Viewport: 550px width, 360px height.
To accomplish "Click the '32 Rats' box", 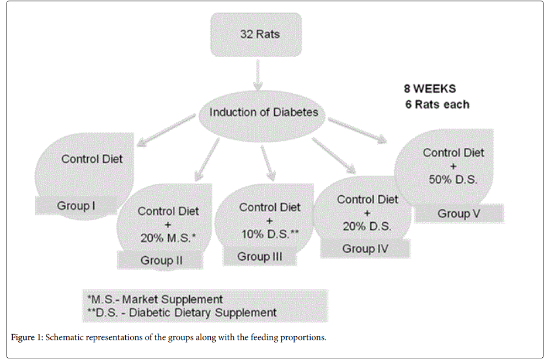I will tap(259, 34).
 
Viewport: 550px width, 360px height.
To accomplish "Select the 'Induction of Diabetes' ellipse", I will tap(264, 112).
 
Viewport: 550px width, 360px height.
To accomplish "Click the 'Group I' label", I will tap(76, 206).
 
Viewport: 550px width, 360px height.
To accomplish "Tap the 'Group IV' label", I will tap(365, 249).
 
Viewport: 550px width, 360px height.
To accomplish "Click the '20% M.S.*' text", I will tap(168, 238).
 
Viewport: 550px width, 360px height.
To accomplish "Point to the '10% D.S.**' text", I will tap(270, 234).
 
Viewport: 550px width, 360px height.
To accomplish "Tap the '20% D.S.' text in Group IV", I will tap(367, 226).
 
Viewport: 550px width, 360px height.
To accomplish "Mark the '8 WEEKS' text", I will tap(430, 88).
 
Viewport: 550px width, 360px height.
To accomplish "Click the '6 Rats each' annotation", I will tap(437, 104).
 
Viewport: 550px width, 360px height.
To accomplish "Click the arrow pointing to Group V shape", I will tap(356, 130).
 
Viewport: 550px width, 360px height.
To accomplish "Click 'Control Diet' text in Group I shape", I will tap(92, 159).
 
